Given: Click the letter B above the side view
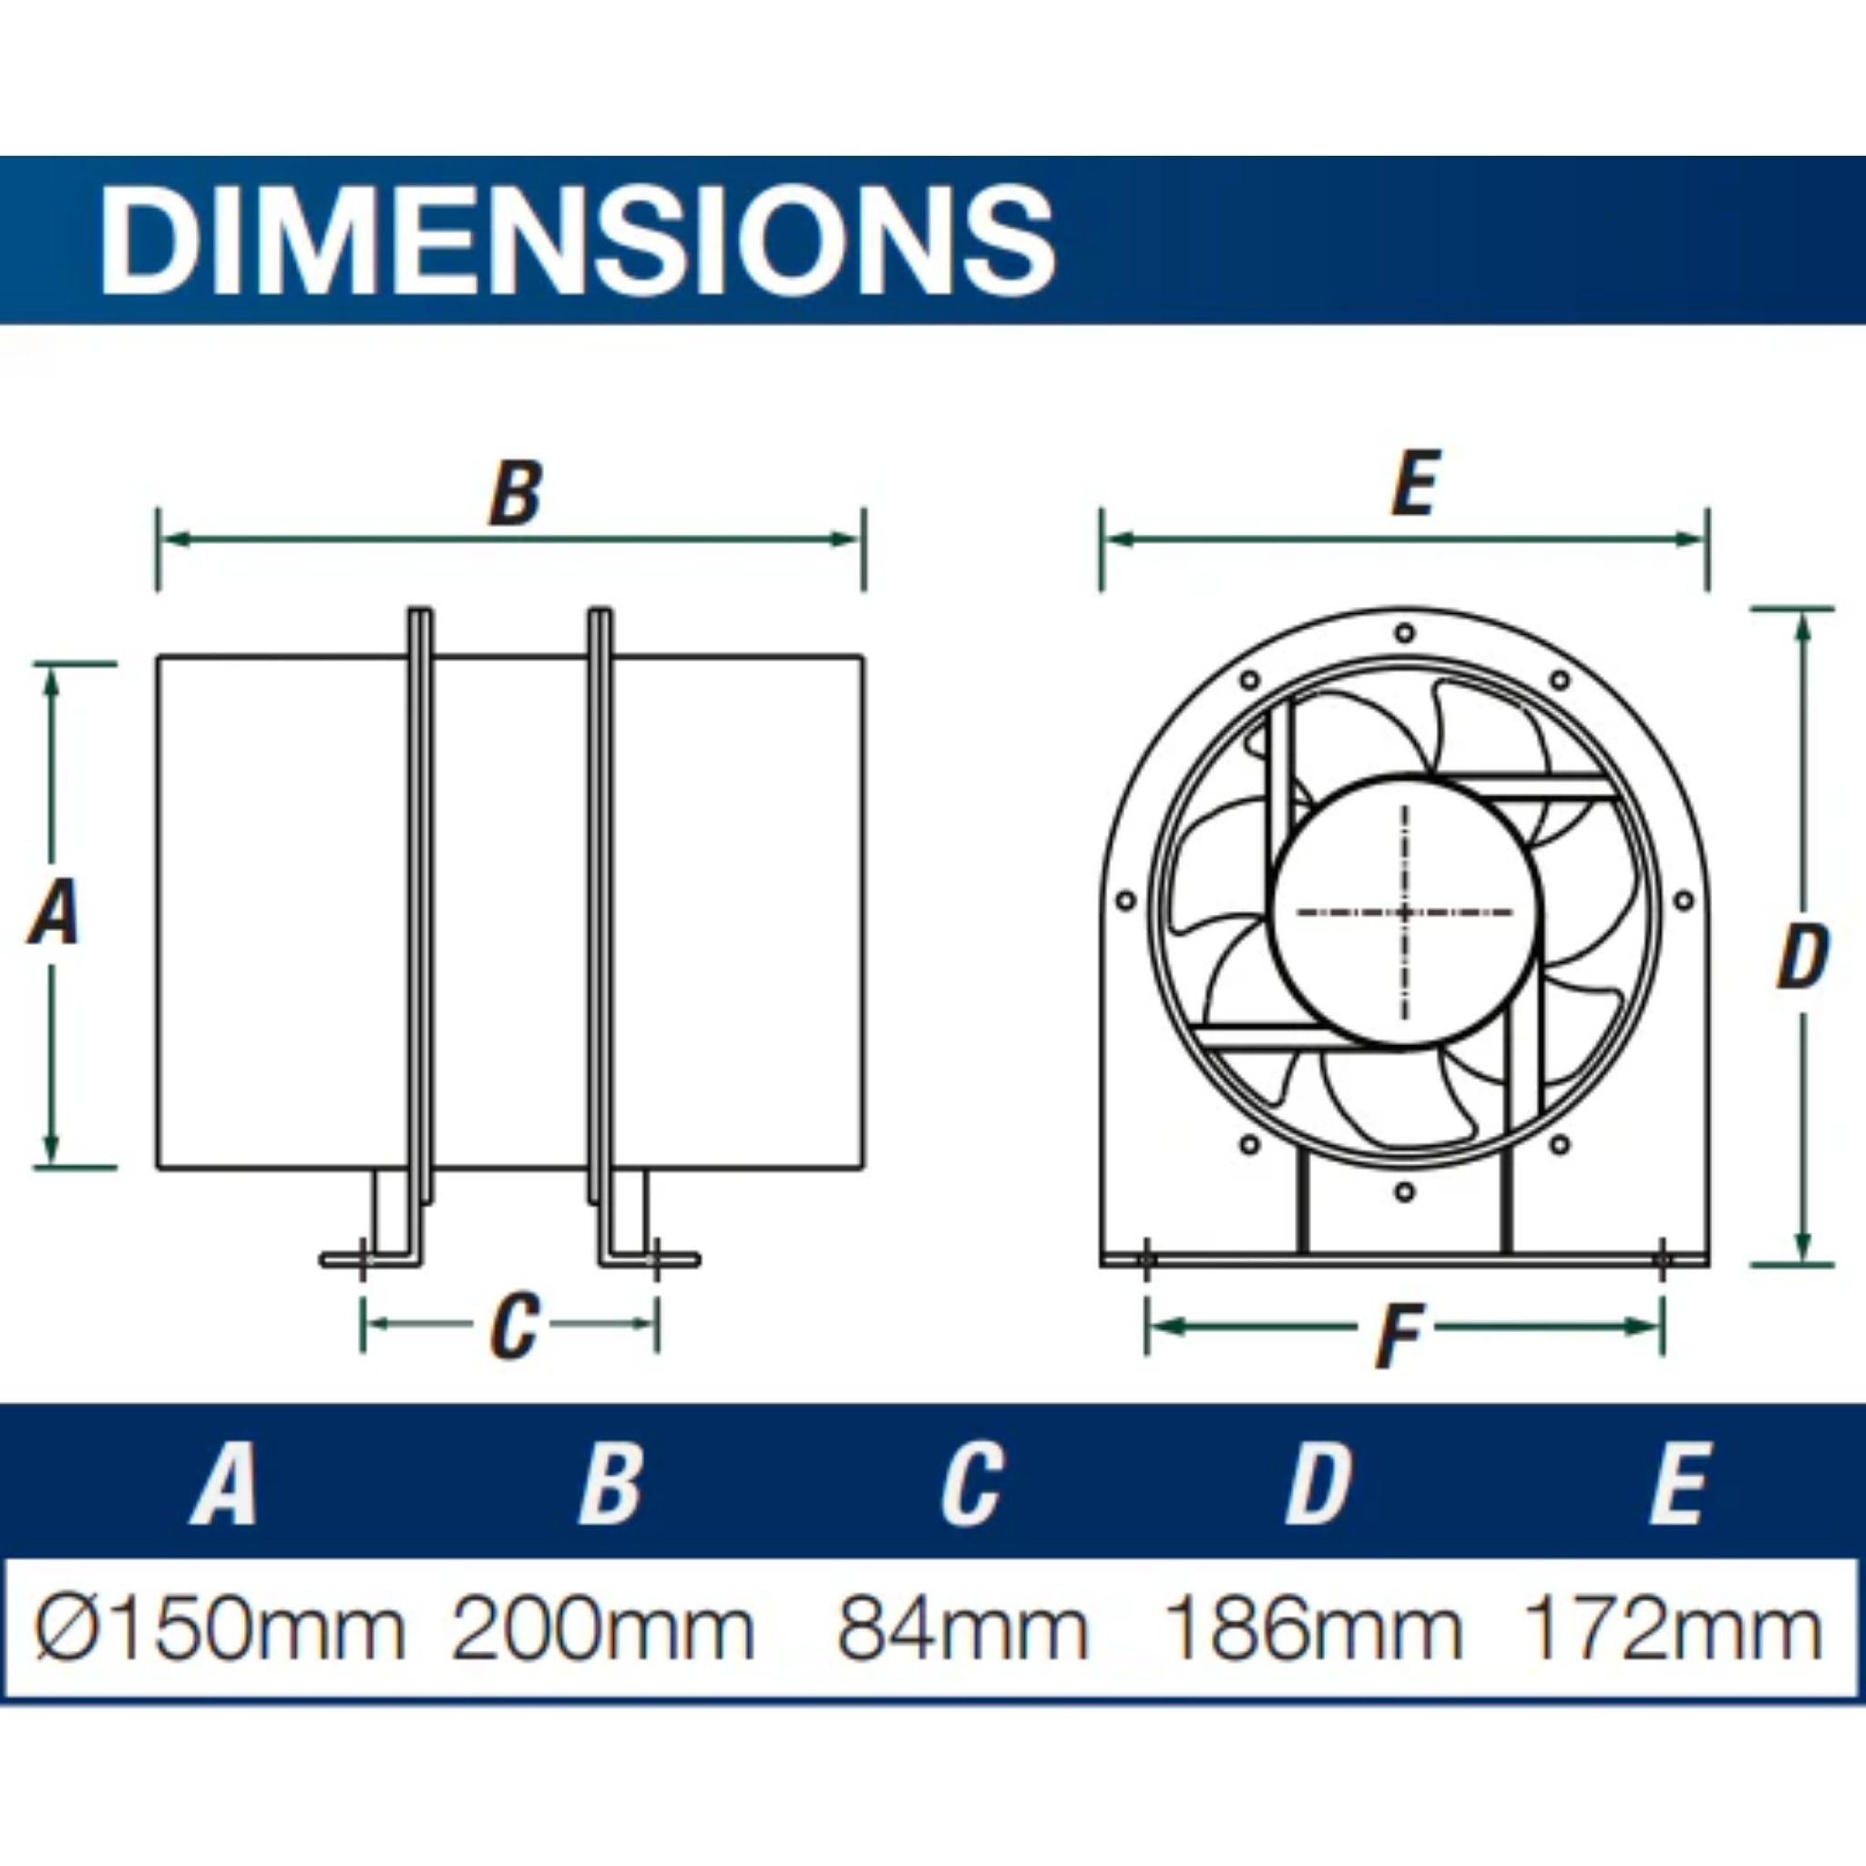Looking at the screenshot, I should coord(515,494).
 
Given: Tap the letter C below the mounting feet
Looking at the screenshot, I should coord(512,1325).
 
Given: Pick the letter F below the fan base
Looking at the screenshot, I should coord(1399,1336).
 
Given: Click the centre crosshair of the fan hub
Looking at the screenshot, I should coord(1403,911).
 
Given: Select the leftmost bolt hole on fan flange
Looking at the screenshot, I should coord(1125,901).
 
